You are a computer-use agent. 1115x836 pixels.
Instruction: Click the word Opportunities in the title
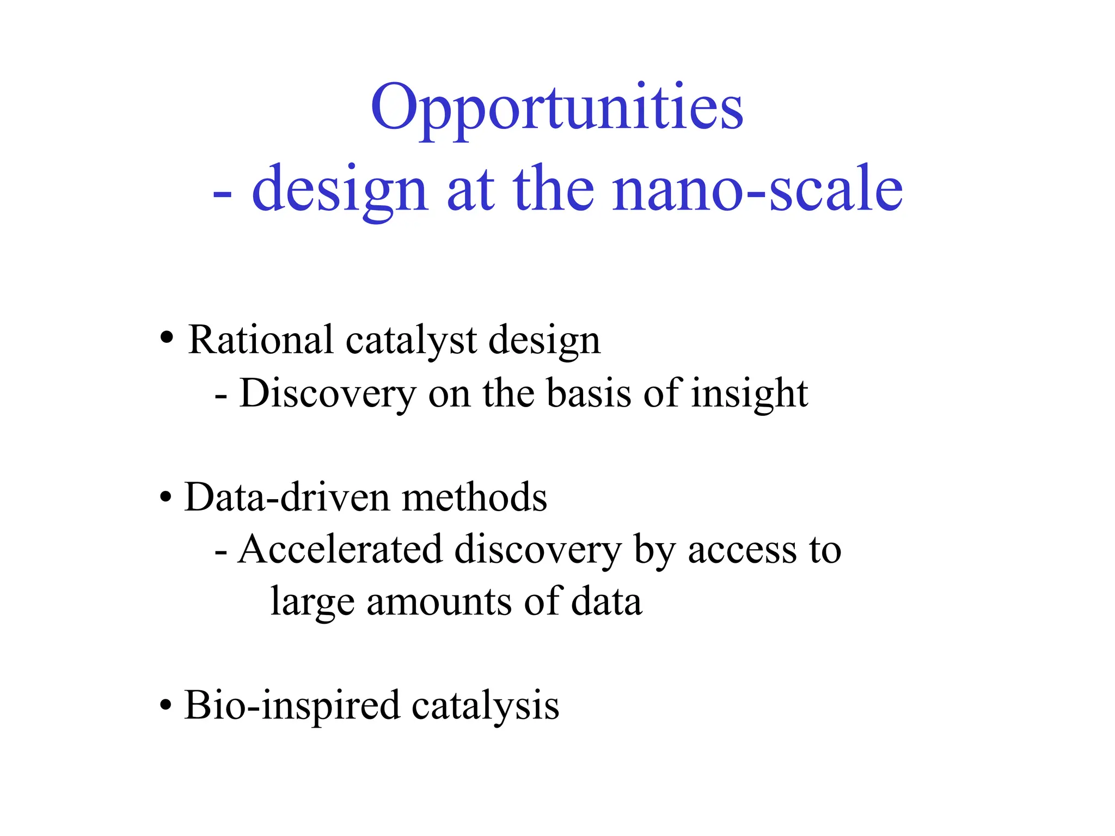click(556, 109)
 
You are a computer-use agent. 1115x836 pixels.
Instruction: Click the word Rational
click(260, 340)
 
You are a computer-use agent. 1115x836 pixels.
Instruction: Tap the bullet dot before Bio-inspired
click(166, 706)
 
